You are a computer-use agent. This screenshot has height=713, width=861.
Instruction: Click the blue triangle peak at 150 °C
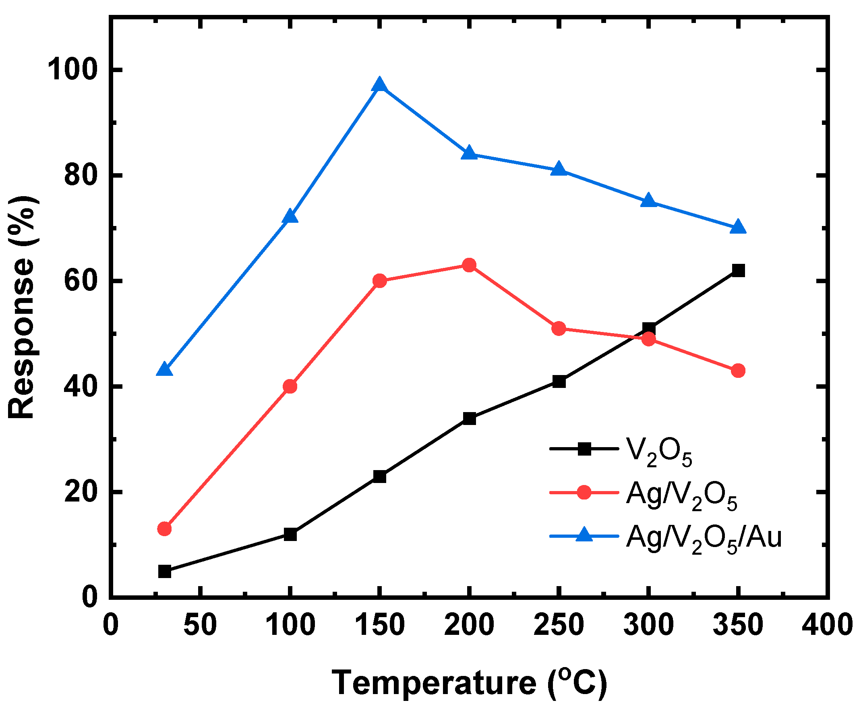tap(380, 85)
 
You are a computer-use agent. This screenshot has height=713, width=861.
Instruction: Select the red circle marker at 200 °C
tap(470, 265)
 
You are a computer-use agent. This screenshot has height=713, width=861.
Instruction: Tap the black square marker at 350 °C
tap(738, 271)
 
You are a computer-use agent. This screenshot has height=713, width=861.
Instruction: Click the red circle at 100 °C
tap(290, 386)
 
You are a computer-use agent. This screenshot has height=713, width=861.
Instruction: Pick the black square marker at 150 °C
tap(380, 477)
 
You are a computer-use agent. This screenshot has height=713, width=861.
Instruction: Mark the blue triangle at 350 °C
tap(738, 227)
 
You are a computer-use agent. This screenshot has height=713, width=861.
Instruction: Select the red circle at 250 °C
tap(559, 328)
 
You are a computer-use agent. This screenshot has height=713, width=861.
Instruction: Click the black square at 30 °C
tap(164, 572)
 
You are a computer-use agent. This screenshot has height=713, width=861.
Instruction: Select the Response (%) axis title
tap(23, 307)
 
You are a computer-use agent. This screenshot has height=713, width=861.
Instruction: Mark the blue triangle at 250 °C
tap(559, 169)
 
